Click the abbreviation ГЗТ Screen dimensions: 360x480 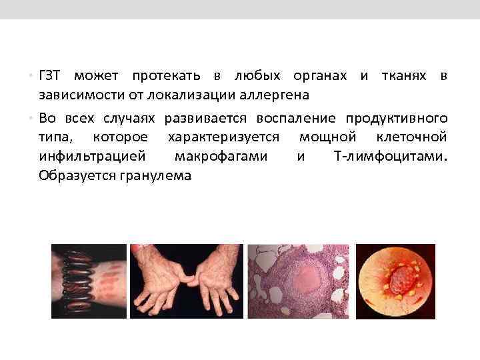pos(50,76)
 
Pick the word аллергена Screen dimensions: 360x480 pos(276,95)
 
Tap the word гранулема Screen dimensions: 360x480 pos(155,176)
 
